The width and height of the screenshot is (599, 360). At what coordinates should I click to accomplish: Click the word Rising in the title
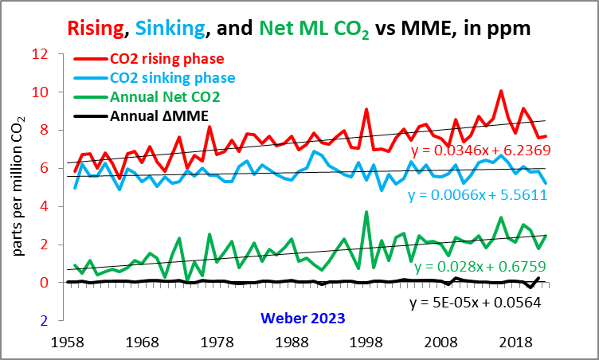pyautogui.click(x=96, y=29)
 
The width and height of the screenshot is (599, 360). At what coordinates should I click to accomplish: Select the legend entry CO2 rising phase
pyautogui.click(x=166, y=59)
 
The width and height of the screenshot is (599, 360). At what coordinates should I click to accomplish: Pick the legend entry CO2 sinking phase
pyautogui.click(x=172, y=78)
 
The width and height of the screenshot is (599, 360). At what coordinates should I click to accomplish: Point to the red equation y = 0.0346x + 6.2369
pyautogui.click(x=480, y=150)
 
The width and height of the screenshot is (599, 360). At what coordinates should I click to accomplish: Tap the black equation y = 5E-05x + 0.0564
pyautogui.click(x=476, y=303)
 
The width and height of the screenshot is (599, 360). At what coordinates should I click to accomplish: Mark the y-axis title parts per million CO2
pyautogui.click(x=18, y=187)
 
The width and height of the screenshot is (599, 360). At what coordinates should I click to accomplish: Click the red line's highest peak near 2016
pyautogui.click(x=501, y=91)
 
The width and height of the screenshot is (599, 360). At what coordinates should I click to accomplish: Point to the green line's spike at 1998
pyautogui.click(x=366, y=212)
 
